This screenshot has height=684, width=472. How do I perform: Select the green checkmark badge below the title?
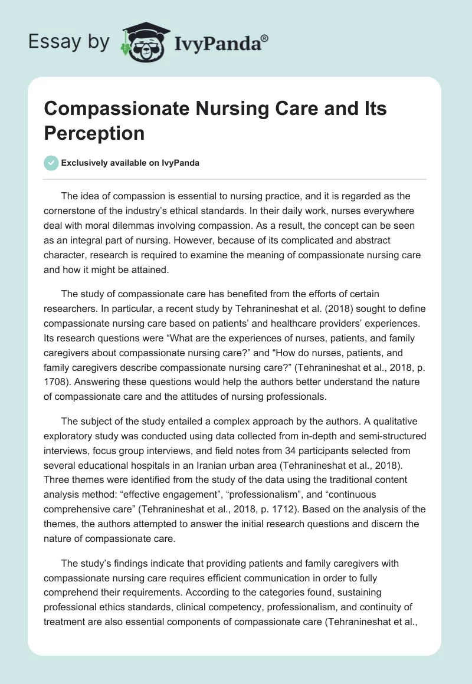[x=51, y=163]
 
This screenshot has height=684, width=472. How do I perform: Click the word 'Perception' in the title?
[x=94, y=133]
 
